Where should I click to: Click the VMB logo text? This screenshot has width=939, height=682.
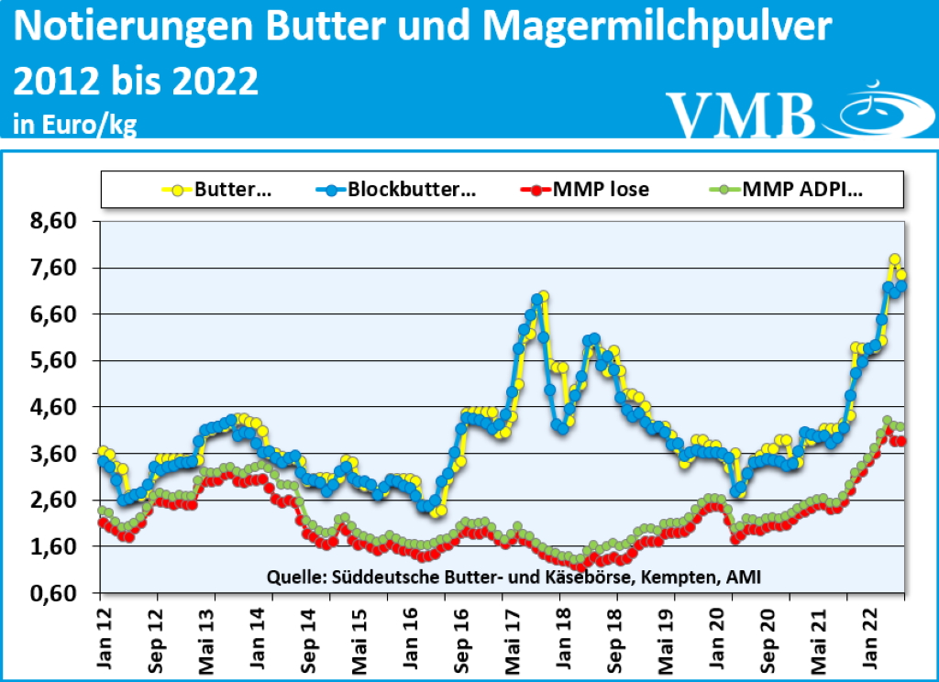(x=740, y=113)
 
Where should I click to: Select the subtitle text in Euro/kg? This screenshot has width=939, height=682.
(x=74, y=125)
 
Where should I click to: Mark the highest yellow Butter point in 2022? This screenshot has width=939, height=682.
(x=894, y=259)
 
